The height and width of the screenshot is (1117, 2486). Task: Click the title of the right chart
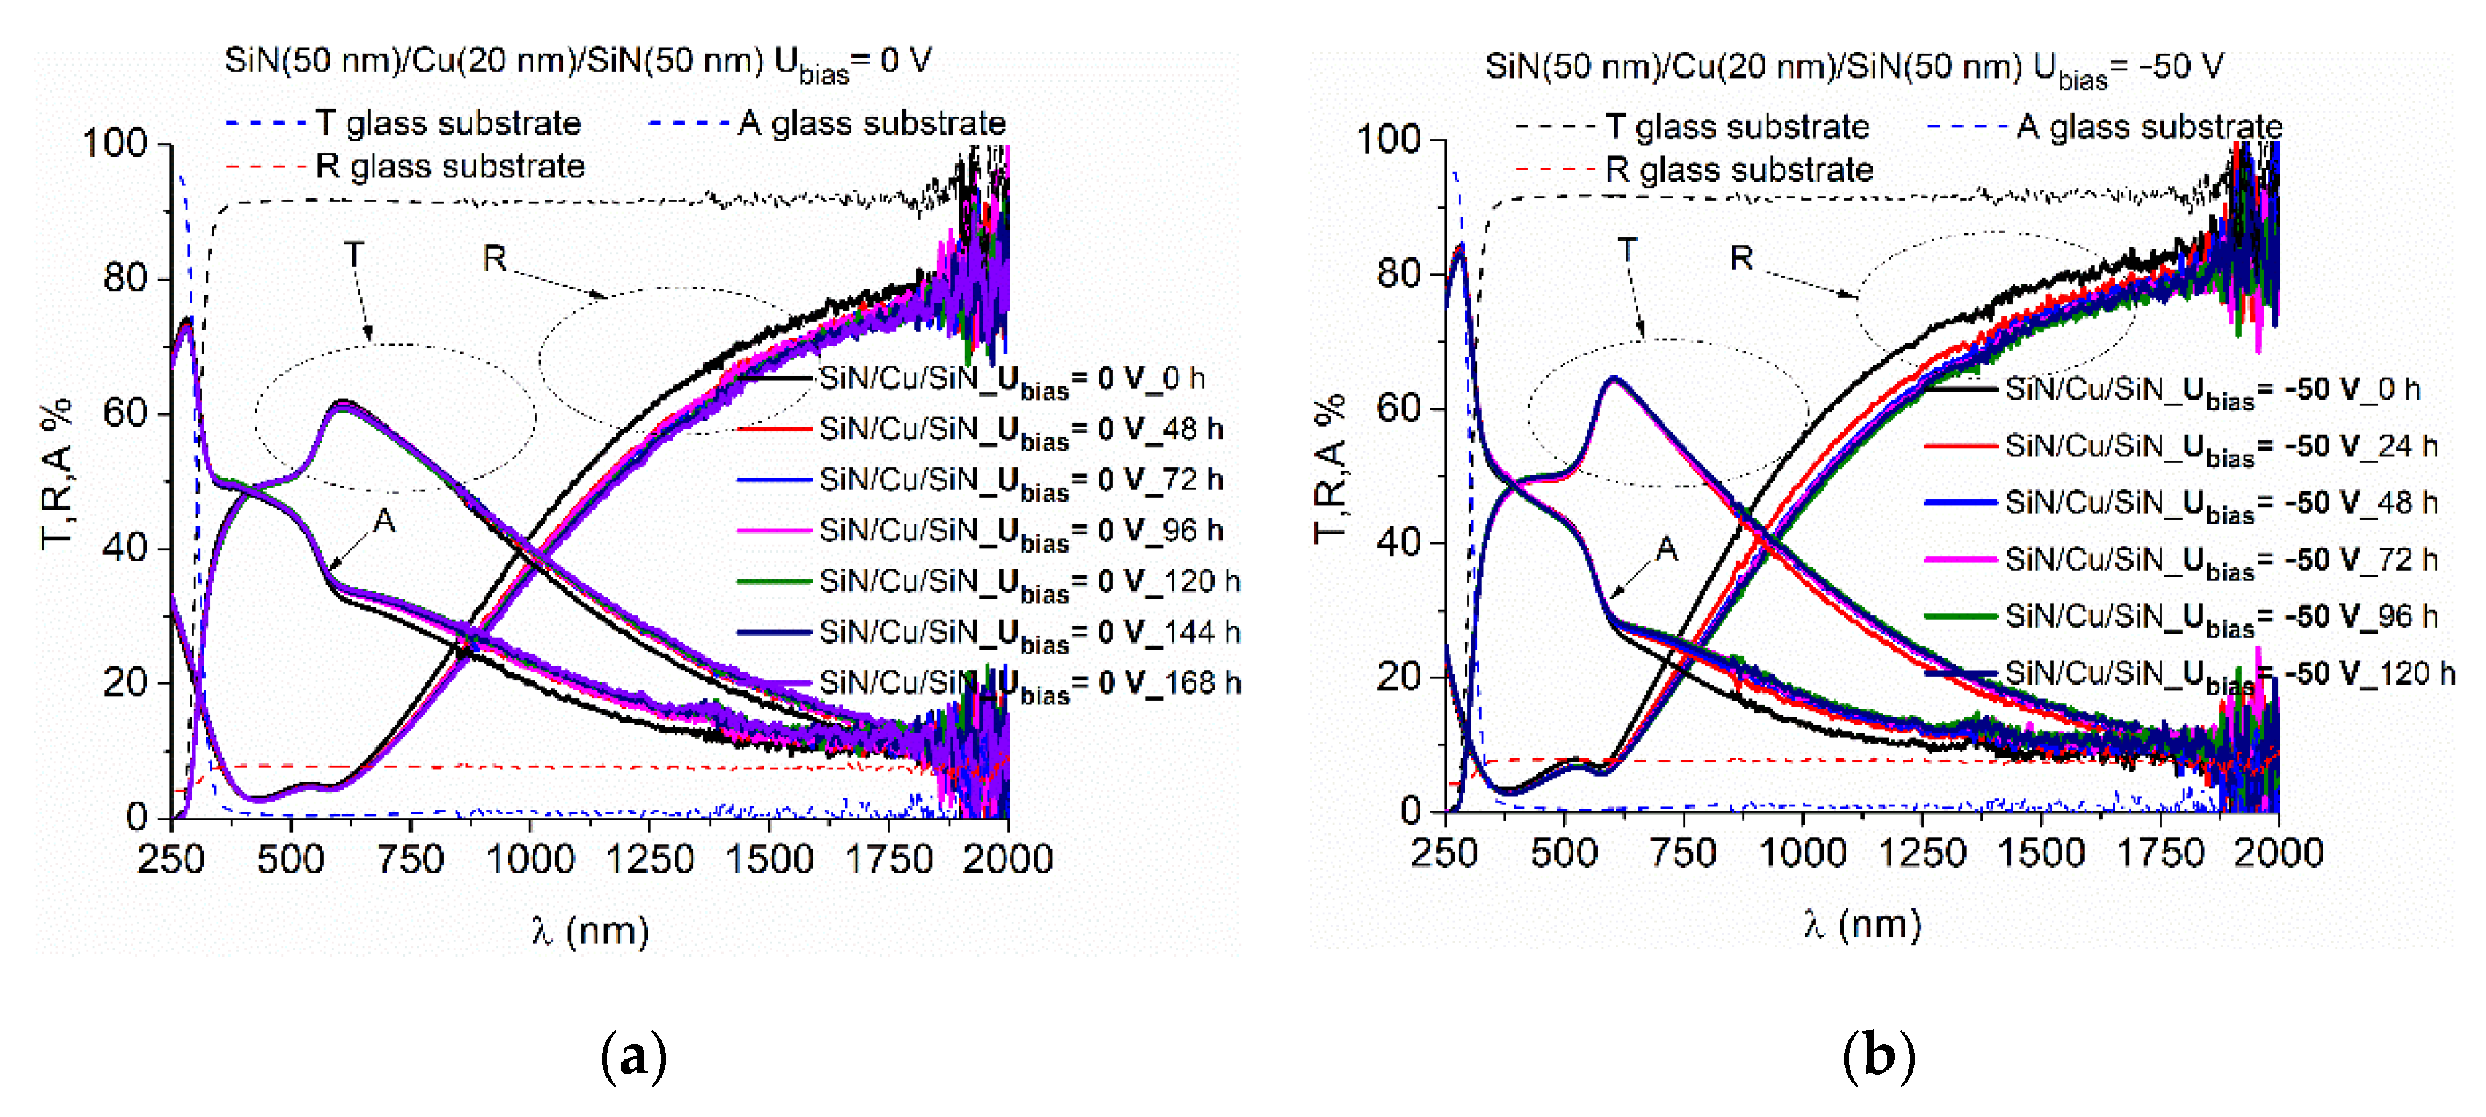(x=1853, y=68)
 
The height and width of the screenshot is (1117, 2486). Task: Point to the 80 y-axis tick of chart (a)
(x=125, y=278)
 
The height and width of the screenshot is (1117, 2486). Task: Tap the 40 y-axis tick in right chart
(x=1399, y=542)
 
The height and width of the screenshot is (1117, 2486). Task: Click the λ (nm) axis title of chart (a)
(x=589, y=932)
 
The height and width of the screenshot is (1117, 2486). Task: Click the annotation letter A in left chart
(x=384, y=522)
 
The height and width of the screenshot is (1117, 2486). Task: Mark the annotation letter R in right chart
(x=1741, y=259)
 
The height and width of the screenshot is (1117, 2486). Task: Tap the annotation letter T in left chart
(x=355, y=254)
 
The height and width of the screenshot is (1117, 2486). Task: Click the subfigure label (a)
(x=633, y=1057)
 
